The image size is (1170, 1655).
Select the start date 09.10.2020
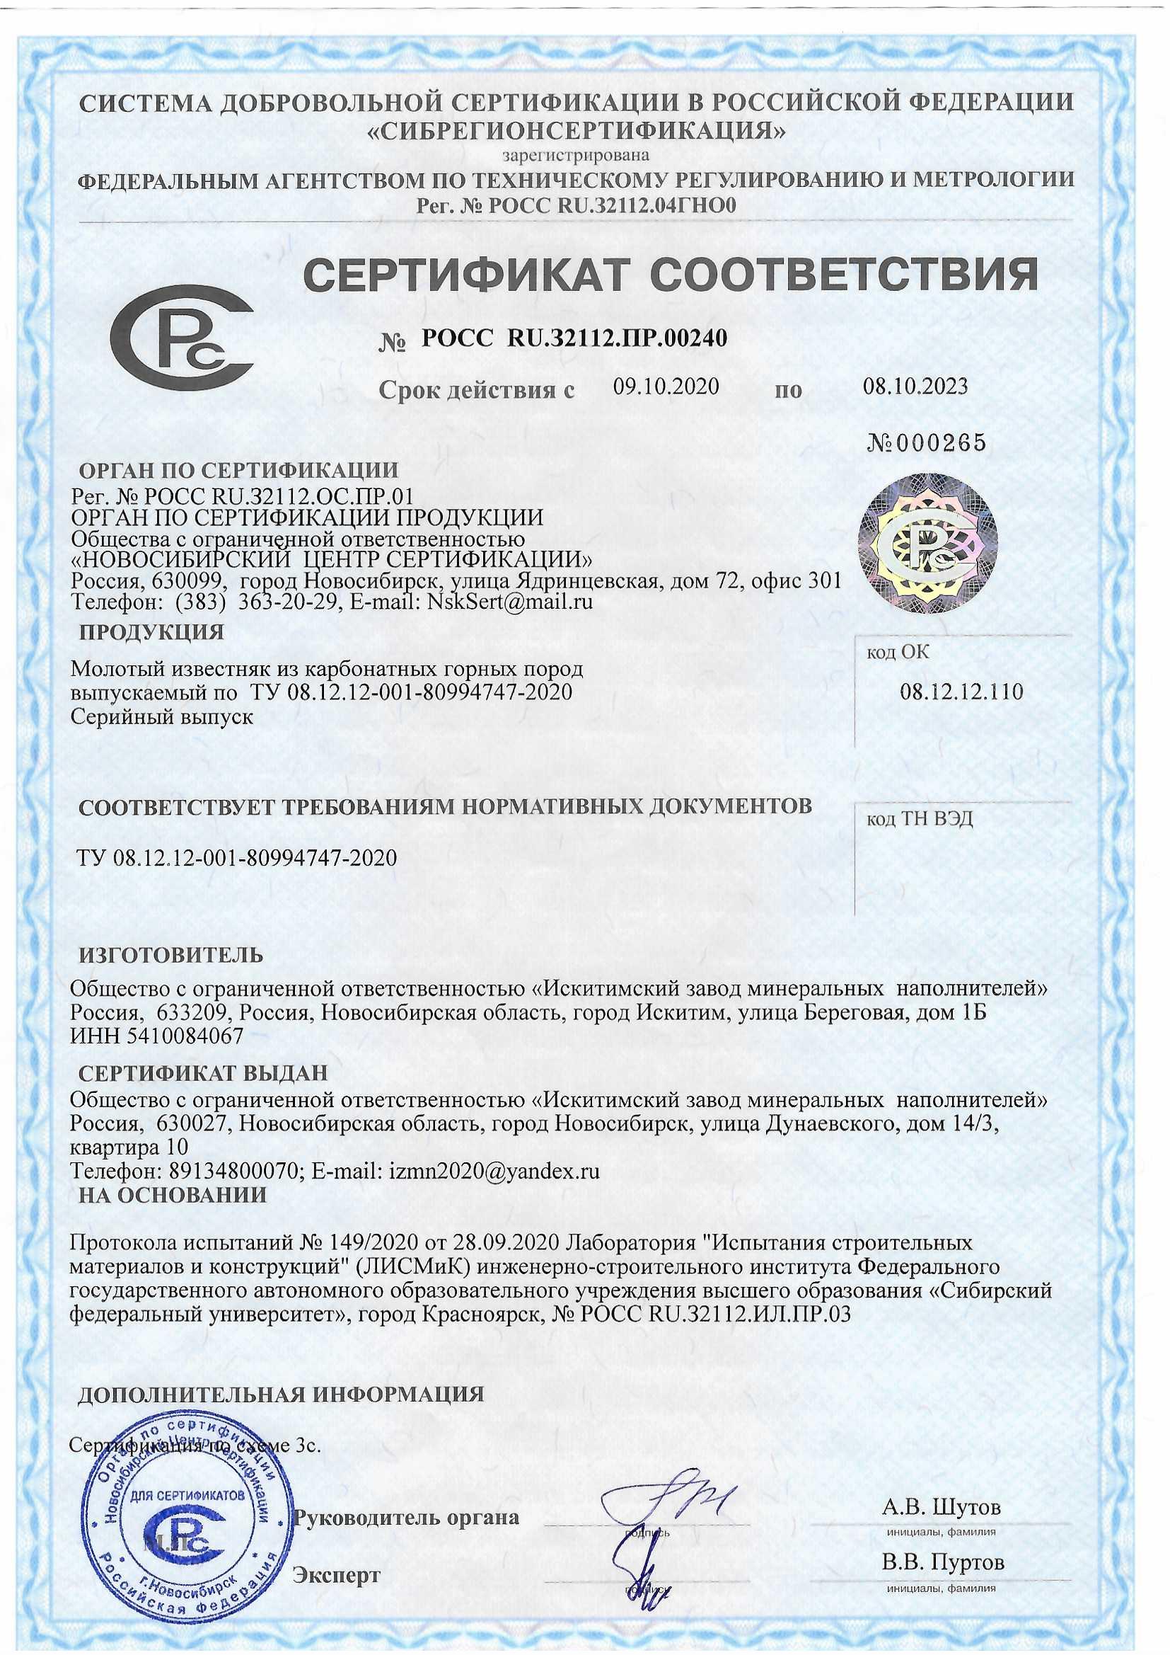(666, 387)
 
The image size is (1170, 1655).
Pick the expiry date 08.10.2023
(915, 387)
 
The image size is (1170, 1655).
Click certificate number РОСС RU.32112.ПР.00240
(574, 337)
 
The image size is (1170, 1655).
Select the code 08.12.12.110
(961, 692)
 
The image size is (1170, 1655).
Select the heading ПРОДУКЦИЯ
(151, 633)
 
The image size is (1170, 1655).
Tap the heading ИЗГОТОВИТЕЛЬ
(170, 956)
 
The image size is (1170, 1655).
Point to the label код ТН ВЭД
(920, 820)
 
